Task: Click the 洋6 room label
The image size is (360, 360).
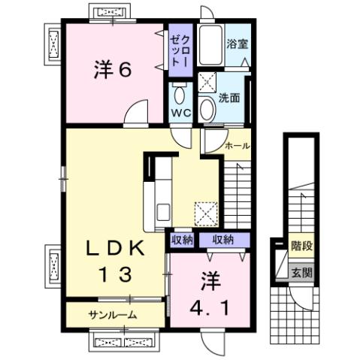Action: click(113, 71)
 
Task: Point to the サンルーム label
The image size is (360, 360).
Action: click(110, 314)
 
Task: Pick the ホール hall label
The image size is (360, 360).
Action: click(237, 145)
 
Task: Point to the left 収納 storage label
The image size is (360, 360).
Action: click(183, 241)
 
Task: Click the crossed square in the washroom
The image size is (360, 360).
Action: click(208, 84)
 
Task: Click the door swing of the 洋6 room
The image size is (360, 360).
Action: click(136, 113)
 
